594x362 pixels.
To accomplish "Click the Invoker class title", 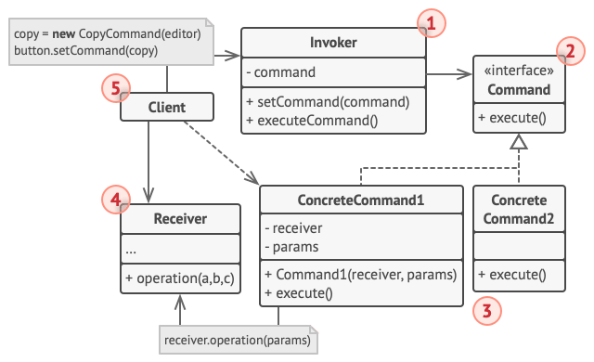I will click(x=332, y=44).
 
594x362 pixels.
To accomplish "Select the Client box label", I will click(x=167, y=108).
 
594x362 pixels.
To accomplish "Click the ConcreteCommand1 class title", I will click(x=360, y=200).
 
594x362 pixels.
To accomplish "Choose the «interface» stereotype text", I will click(x=519, y=71).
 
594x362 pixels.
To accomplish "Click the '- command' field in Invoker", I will click(x=283, y=71).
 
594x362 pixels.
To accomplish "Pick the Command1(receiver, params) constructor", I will click(x=361, y=274).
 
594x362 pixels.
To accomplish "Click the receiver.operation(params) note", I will click(x=238, y=341).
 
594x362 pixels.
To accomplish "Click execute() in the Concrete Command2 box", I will click(x=510, y=274).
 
